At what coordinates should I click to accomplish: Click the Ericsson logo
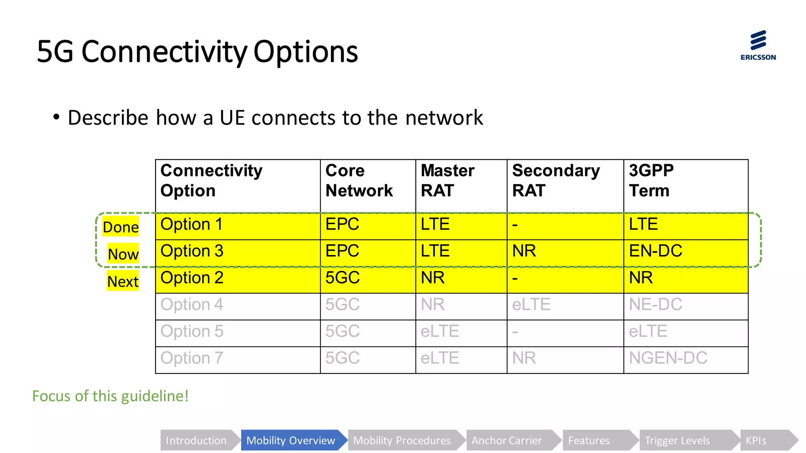tap(758, 45)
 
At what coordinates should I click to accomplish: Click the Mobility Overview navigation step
tap(291, 440)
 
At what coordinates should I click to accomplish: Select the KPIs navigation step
tap(756, 440)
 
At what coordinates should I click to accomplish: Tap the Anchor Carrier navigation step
tap(507, 440)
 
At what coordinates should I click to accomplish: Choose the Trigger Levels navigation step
tap(677, 440)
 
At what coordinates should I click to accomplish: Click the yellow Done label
tap(120, 227)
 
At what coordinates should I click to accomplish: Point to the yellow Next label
tap(123, 281)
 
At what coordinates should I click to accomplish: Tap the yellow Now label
tap(123, 254)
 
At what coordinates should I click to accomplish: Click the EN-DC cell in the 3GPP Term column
tap(656, 251)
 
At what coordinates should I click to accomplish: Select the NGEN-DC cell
tap(668, 358)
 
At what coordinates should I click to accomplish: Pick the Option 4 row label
tap(192, 304)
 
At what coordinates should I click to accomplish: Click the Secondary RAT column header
tap(556, 181)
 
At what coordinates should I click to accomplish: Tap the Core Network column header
tap(359, 181)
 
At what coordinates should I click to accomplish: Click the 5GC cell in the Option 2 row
tap(342, 278)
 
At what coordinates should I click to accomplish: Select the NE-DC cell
tap(656, 304)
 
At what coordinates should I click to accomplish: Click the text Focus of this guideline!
tap(110, 396)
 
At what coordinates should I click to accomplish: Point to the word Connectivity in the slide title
tap(164, 52)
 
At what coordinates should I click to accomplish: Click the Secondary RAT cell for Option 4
tap(531, 304)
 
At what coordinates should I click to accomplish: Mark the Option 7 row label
tap(192, 358)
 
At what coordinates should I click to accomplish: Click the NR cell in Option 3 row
tap(524, 251)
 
